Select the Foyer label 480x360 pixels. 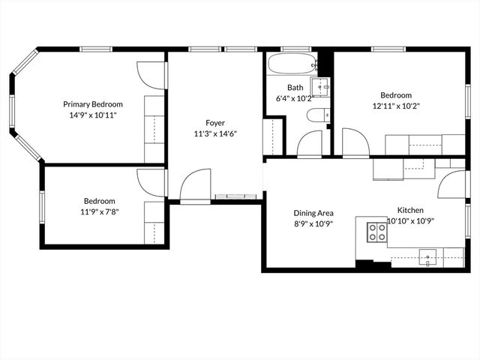(x=215, y=123)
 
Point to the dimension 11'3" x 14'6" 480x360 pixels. (x=215, y=133)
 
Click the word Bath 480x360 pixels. (x=284, y=87)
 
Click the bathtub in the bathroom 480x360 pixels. (x=289, y=63)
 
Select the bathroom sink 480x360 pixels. (x=320, y=87)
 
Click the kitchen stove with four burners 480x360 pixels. (x=376, y=231)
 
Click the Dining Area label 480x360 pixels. (x=313, y=213)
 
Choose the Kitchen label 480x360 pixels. (x=410, y=210)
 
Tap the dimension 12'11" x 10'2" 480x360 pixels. (x=395, y=106)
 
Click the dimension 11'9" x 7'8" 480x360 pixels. (x=99, y=211)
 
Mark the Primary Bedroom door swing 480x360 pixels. (x=151, y=76)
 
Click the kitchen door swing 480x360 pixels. (x=452, y=184)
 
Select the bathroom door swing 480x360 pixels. (x=309, y=144)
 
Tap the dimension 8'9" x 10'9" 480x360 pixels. (x=313, y=223)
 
